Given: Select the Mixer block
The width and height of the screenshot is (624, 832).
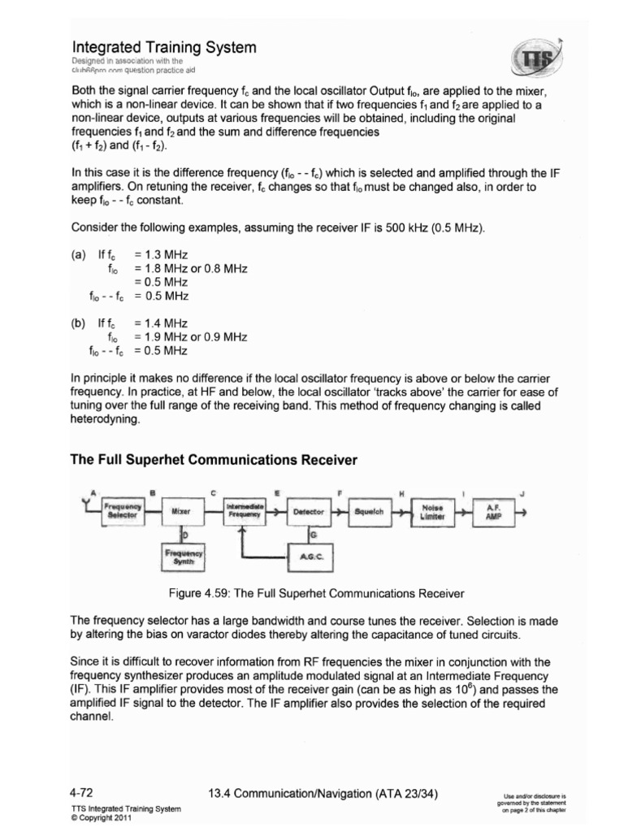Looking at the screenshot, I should point(180,512).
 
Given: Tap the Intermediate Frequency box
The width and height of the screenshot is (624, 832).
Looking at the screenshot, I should point(243,511).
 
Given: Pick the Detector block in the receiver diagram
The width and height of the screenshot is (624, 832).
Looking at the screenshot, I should point(308,512).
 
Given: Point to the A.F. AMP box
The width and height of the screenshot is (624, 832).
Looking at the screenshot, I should point(492,512).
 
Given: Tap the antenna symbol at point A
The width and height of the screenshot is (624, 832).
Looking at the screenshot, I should point(88,505).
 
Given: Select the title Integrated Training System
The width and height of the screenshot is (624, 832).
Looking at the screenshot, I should point(165,48).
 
